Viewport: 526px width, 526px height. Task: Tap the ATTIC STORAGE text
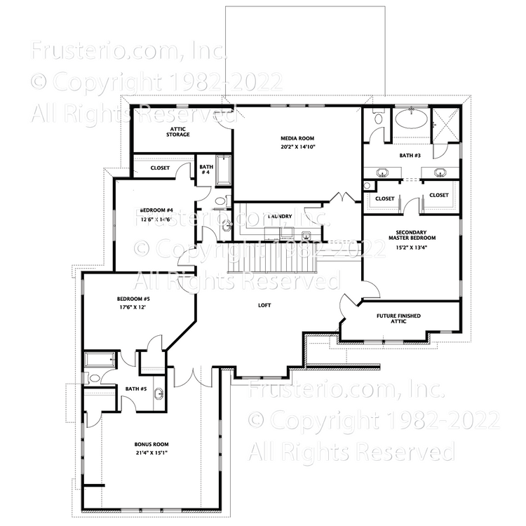(x=179, y=132)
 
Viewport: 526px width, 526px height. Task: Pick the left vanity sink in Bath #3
(x=384, y=173)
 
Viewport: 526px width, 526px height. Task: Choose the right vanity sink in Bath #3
(x=440, y=173)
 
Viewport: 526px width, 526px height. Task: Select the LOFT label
(x=264, y=305)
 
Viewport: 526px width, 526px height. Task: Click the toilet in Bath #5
(x=94, y=378)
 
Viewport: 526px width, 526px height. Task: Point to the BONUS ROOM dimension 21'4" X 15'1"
(x=151, y=453)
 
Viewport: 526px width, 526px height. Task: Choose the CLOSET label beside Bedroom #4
(x=161, y=168)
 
